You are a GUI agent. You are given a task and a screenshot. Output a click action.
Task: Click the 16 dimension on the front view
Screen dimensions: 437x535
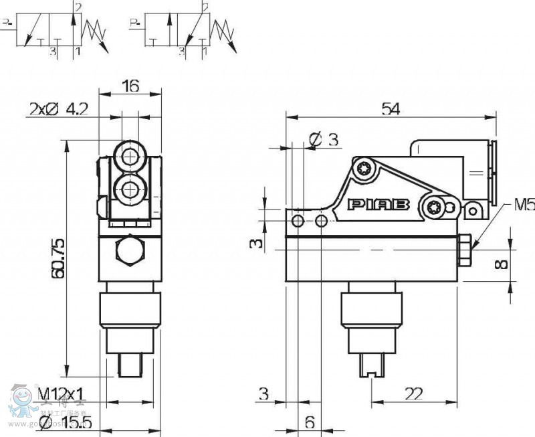(130, 85)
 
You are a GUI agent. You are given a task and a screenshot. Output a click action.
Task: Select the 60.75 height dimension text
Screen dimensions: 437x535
(59, 258)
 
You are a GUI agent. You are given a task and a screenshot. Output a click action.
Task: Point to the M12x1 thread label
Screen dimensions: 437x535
(61, 394)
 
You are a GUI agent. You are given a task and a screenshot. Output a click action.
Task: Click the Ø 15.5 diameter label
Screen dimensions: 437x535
(66, 422)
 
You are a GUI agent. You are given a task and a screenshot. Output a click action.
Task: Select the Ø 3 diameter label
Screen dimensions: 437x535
(324, 139)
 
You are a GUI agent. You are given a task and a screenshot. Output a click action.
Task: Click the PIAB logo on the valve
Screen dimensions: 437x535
(379, 205)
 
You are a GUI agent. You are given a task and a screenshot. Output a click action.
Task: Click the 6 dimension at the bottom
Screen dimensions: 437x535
(310, 422)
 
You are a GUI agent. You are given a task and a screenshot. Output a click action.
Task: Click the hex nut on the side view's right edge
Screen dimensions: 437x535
(464, 250)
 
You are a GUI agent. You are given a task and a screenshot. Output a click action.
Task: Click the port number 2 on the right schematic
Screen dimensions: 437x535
(205, 7)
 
